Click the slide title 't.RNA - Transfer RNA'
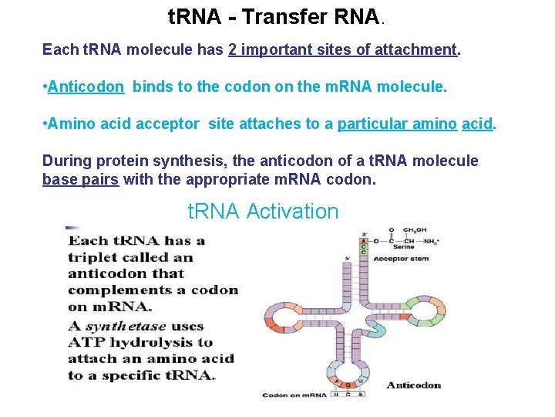273,16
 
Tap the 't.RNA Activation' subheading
263,211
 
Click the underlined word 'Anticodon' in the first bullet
86,87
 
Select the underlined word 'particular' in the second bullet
373,124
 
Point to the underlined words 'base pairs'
80,179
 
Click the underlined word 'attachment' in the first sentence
415,49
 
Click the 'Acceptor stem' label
401,259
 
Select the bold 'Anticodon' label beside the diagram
413,385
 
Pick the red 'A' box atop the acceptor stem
364,241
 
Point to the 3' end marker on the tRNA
364,233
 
